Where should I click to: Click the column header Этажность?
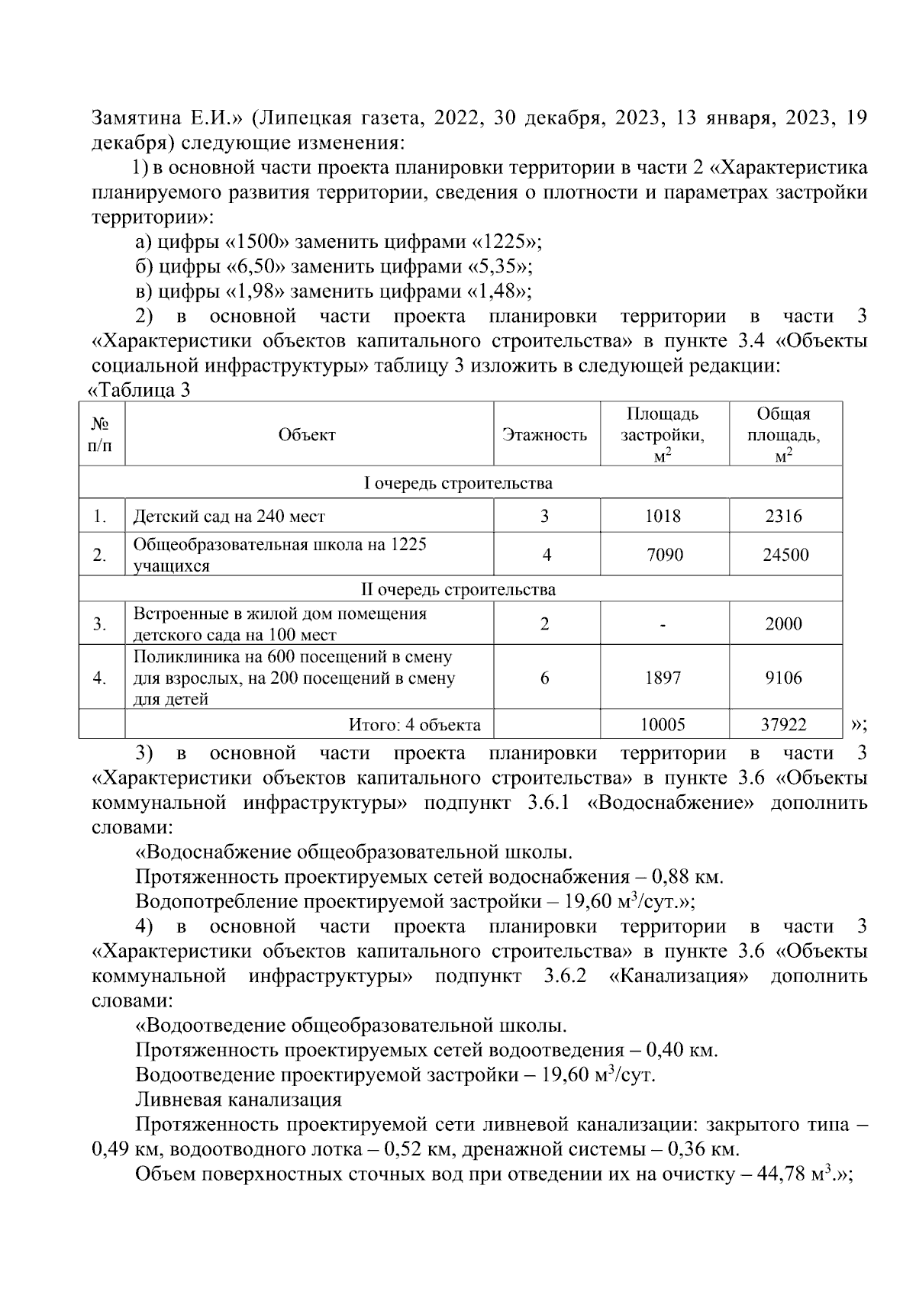545,435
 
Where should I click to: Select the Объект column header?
307,435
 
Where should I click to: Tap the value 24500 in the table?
785,555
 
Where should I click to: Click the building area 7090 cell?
664,555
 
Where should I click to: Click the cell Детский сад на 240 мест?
229,517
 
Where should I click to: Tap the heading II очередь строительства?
458,590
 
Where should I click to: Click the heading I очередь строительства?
458,483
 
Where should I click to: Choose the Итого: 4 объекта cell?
414,724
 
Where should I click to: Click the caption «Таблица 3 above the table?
140,391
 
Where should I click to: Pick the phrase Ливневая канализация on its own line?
238,1100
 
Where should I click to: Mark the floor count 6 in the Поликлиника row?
545,678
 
